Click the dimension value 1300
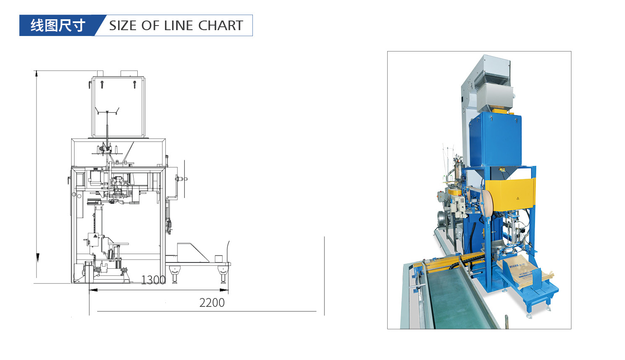tap(153, 280)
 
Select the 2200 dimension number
tap(212, 303)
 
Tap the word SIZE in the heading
tap(123, 26)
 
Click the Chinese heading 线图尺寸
tap(58, 26)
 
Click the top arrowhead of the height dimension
tap(37, 74)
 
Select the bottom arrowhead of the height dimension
tap(37, 257)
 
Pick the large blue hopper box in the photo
tap(495, 138)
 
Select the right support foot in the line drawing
tap(223, 277)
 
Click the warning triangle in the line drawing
tap(95, 237)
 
